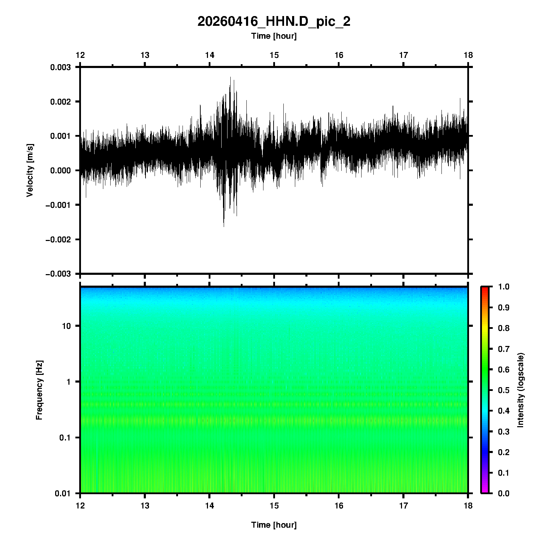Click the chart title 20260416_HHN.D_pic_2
point(274,22)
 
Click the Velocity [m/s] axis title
point(30,170)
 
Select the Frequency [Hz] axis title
point(39,390)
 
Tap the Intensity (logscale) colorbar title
point(521,390)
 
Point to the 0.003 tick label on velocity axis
point(60,67)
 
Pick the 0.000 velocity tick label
point(60,171)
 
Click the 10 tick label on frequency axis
point(66,326)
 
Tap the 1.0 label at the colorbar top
point(504,287)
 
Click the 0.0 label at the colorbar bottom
point(504,493)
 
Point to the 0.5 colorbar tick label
point(504,390)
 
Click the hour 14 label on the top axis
point(209,55)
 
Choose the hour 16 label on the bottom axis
point(339,506)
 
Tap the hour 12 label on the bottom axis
point(80,506)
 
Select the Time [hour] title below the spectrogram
point(274,525)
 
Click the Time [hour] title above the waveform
point(274,36)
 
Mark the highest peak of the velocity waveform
point(230,77)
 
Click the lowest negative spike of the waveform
point(224,227)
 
